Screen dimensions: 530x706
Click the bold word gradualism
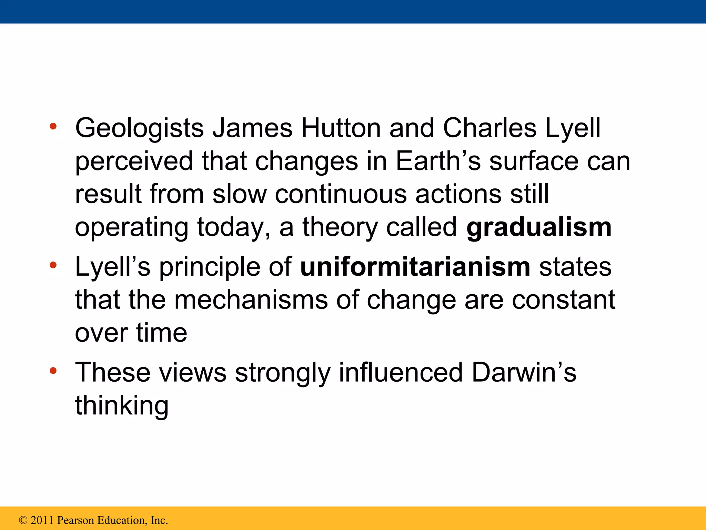pos(539,228)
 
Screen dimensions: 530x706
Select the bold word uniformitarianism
pos(415,267)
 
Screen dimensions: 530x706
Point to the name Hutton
pos(341,128)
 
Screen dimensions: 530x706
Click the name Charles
pos(490,128)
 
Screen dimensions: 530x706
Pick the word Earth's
pos(438,161)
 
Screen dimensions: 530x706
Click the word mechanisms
pos(251,300)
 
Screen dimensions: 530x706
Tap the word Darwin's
pos(524,372)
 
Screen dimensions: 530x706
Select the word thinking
pos(122,406)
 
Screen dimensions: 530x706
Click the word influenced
pos(401,372)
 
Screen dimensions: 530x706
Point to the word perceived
pos(134,161)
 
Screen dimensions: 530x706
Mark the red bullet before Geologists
pos(53,126)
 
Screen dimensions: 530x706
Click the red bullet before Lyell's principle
pos(53,265)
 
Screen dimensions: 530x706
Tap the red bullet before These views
pos(53,371)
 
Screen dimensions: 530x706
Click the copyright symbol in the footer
pos(23,520)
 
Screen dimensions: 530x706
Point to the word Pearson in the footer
pos(75,520)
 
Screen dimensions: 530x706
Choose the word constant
pos(563,300)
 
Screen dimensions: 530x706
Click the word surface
pos(534,161)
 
